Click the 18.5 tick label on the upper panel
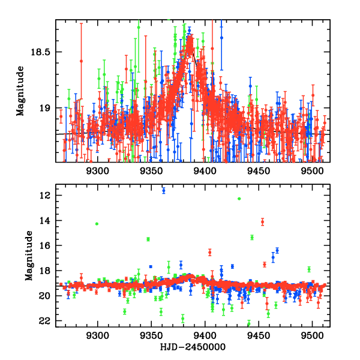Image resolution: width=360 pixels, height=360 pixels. (40, 52)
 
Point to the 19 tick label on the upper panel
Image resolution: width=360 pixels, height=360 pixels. (46, 109)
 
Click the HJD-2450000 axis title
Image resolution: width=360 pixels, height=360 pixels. (193, 347)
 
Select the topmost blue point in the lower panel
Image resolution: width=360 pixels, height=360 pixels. (163, 190)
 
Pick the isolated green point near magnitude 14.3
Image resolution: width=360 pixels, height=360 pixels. (97, 224)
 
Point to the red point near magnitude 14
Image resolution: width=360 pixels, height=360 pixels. (262, 222)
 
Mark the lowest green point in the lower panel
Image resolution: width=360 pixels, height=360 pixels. (248, 324)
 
